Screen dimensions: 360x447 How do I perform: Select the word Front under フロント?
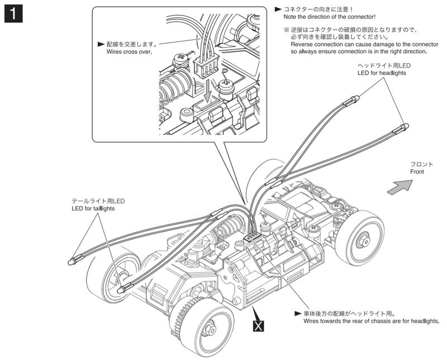417,172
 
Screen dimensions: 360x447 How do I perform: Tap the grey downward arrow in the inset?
207,89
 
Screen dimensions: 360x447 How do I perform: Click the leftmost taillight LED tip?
71,262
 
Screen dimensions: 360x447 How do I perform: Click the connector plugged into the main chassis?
253,239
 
